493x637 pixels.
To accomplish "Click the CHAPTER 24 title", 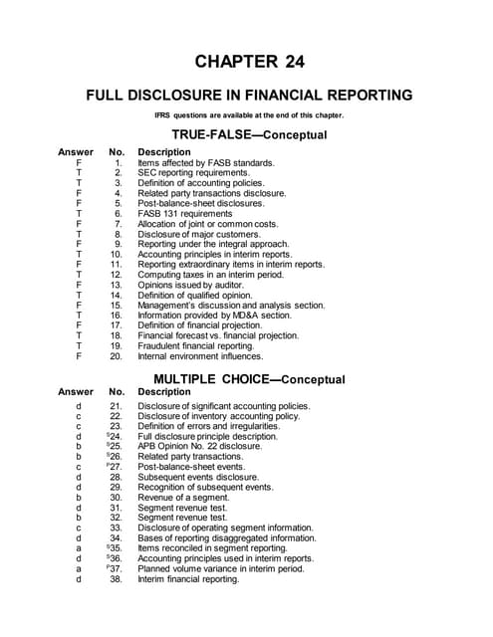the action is [x=249, y=62].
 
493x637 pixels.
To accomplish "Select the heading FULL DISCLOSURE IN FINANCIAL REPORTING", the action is [x=249, y=96].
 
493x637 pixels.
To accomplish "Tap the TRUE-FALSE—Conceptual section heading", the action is [x=249, y=134].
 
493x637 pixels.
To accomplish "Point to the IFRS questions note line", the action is [x=249, y=115].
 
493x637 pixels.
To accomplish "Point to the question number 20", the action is [x=116, y=355].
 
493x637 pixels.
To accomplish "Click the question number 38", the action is [x=116, y=579].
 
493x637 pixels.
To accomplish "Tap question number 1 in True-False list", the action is [x=118, y=162].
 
